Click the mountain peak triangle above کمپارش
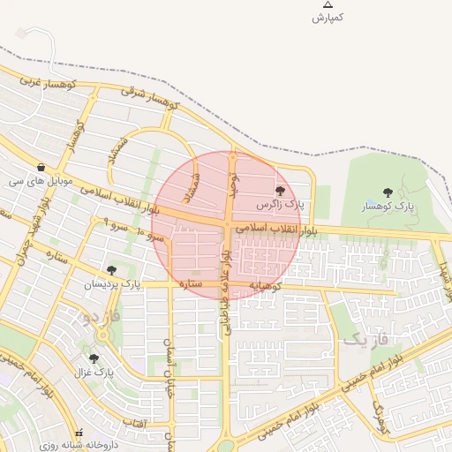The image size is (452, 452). [x=328, y=4]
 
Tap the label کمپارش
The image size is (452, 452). [x=327, y=18]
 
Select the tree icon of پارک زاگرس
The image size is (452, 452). [x=280, y=190]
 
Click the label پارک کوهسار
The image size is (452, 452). [x=388, y=207]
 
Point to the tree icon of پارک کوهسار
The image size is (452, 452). [x=388, y=192]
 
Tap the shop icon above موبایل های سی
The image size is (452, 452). [x=41, y=167]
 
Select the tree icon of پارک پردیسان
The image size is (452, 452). [x=111, y=270]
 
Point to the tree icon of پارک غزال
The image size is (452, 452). [x=94, y=358]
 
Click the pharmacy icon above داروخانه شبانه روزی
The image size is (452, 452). [x=80, y=433]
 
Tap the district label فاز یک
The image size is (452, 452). [x=362, y=338]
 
